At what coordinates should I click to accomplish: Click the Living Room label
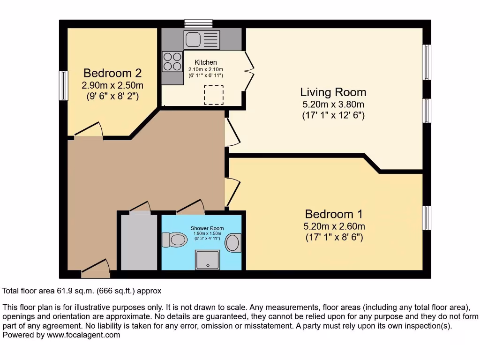[333, 92]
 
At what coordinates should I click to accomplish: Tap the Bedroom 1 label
[333, 214]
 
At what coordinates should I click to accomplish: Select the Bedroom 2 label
[112, 73]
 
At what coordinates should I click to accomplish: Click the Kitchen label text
[206, 62]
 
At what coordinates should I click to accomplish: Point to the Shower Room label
[207, 228]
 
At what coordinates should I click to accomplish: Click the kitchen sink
[202, 40]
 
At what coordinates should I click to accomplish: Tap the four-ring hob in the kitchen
[172, 61]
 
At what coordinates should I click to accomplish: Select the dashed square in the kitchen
[213, 95]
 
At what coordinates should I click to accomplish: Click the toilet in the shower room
[174, 240]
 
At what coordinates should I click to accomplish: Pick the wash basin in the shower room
[232, 243]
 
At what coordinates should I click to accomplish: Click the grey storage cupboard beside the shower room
[139, 242]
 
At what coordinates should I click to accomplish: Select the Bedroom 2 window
[64, 85]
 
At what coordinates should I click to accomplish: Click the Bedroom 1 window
[426, 218]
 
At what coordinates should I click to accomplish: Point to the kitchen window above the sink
[198, 23]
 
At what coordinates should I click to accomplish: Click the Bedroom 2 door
[89, 130]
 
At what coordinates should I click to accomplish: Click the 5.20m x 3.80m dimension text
[333, 105]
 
